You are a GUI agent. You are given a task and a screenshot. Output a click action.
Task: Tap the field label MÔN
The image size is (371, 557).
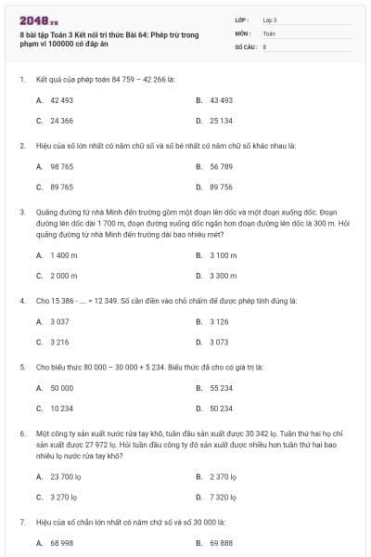[242, 32]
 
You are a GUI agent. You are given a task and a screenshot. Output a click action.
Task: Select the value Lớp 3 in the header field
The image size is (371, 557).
[270, 19]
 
